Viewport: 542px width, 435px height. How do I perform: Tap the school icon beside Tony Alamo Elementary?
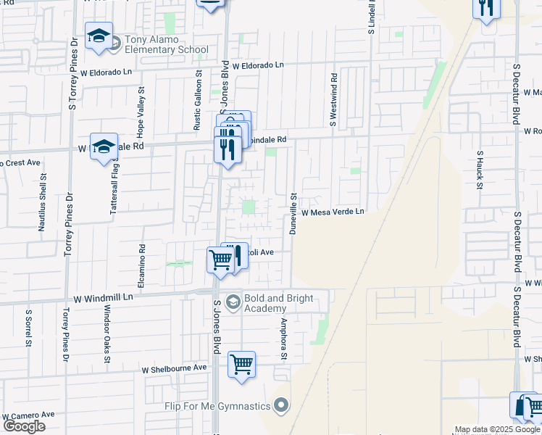[99, 37]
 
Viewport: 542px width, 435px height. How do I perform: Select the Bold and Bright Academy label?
[279, 303]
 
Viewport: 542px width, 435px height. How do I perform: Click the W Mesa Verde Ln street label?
[333, 212]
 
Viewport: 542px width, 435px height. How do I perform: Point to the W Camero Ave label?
[29, 415]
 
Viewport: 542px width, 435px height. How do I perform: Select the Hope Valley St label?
[142, 104]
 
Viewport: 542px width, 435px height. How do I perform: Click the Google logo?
[24, 426]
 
